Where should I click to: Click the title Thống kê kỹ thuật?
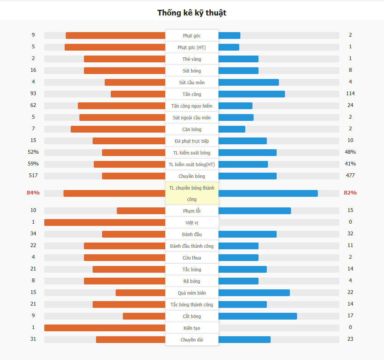[x=192, y=13]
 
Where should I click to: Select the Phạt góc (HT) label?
[x=192, y=48]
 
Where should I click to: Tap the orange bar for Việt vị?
[x=105, y=222]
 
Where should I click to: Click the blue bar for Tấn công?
[x=251, y=94]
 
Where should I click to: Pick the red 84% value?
[x=33, y=193]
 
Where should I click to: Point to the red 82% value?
[x=350, y=193]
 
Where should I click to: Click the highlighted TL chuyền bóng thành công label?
[x=192, y=193]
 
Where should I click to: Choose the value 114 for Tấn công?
[x=350, y=94]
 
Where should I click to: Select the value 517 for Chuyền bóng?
[x=33, y=176]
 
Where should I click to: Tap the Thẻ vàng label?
[x=192, y=59]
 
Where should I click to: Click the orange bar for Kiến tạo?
[x=105, y=328]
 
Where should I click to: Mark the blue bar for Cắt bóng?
[x=257, y=316]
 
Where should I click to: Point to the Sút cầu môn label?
[x=192, y=83]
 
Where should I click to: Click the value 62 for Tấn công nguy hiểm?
[x=33, y=105]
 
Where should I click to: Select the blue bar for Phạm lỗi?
[x=254, y=211]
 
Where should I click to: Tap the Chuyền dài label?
[x=192, y=340]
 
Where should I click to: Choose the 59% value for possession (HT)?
[x=33, y=164]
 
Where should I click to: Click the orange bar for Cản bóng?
[x=118, y=129]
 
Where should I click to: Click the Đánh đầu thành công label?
[x=192, y=246]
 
